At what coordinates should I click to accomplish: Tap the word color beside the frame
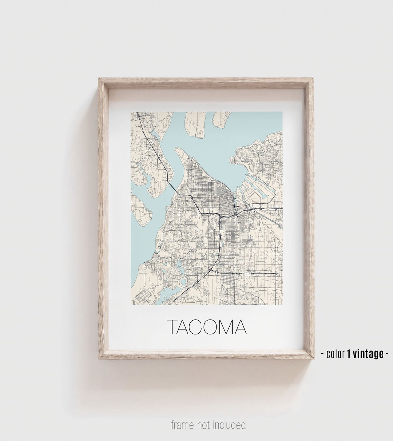point(336,354)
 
